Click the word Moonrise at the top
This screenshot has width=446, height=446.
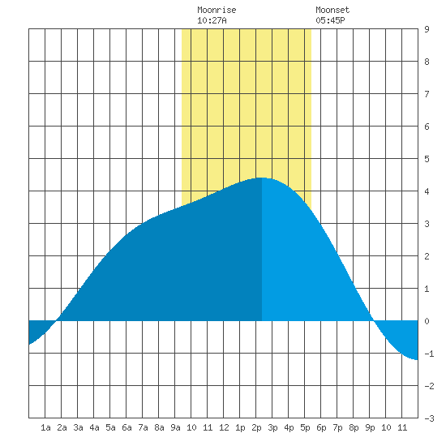pyautogui.click(x=217, y=10)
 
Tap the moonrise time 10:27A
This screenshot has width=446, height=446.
pyautogui.click(x=212, y=20)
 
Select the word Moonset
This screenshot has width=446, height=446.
pyautogui.click(x=332, y=10)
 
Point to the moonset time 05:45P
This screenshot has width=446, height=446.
pyautogui.click(x=330, y=20)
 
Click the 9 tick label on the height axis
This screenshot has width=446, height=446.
pyautogui.click(x=427, y=29)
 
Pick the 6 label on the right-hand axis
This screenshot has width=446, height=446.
pyautogui.click(x=427, y=127)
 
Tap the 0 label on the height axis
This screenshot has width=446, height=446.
pyautogui.click(x=427, y=321)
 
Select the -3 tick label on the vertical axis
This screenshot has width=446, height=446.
pyautogui.click(x=429, y=418)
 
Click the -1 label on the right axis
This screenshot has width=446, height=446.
pyautogui.click(x=429, y=354)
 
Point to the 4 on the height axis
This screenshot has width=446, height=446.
pyautogui.click(x=427, y=191)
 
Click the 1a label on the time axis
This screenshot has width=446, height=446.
pyautogui.click(x=45, y=427)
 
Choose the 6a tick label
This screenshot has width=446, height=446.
pyautogui.click(x=127, y=427)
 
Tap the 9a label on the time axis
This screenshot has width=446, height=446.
pyautogui.click(x=175, y=427)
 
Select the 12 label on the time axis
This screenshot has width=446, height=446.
pyautogui.click(x=224, y=427)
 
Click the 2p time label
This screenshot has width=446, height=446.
pyautogui.click(x=256, y=427)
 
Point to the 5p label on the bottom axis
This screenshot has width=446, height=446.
pyautogui.click(x=305, y=427)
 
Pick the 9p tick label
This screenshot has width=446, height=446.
pyautogui.click(x=370, y=427)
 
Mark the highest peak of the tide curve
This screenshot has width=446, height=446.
pyautogui.click(x=262, y=178)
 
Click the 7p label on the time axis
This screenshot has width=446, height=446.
pyautogui.click(x=337, y=427)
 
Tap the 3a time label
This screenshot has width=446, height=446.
pyautogui.click(x=78, y=427)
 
